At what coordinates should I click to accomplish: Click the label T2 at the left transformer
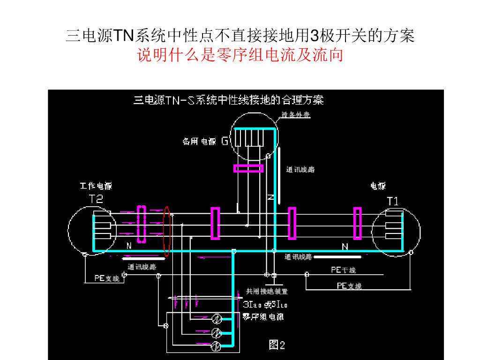tap(96, 199)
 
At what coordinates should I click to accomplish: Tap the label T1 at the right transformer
tap(393, 202)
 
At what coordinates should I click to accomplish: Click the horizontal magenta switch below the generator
tap(248, 168)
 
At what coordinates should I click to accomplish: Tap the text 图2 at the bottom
tap(277, 345)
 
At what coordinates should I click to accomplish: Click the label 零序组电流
tap(262, 317)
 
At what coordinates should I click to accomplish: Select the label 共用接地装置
tap(265, 291)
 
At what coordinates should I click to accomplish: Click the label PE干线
tap(344, 270)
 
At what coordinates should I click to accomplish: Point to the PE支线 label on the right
tap(349, 285)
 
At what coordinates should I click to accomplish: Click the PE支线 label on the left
tap(107, 278)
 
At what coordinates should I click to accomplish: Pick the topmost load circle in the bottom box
tap(217, 319)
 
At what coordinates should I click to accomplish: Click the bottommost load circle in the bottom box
tap(217, 346)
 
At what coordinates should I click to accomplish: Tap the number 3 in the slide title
tap(315, 36)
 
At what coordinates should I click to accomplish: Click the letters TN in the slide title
tap(124, 36)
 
